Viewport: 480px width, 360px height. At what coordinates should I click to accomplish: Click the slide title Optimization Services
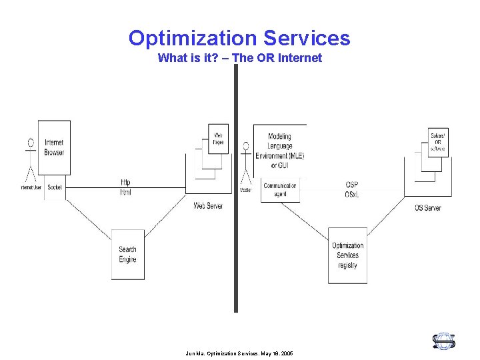239,37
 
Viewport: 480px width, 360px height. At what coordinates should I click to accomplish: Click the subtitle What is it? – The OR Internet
239,58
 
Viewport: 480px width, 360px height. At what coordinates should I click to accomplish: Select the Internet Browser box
54,147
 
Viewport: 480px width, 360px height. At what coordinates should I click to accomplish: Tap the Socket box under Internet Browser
55,187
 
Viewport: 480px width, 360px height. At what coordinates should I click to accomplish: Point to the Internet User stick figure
30,161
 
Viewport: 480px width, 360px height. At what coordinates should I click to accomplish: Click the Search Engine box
127,254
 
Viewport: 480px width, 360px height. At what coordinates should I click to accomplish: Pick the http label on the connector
125,182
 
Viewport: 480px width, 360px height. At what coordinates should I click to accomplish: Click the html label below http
125,192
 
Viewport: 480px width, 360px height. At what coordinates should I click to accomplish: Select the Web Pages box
218,139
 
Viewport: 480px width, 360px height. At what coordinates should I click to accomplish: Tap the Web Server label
208,206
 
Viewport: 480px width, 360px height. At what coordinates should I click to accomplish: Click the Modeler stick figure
246,164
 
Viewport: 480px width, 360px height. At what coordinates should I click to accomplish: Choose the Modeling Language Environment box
279,151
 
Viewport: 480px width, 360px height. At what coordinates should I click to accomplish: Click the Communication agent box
280,190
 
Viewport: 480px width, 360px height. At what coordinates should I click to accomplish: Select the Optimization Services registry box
347,255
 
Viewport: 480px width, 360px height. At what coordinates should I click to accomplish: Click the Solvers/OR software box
438,142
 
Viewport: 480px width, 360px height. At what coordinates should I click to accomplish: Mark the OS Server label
427,208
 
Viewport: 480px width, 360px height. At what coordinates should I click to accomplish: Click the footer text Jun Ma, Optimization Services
239,353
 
